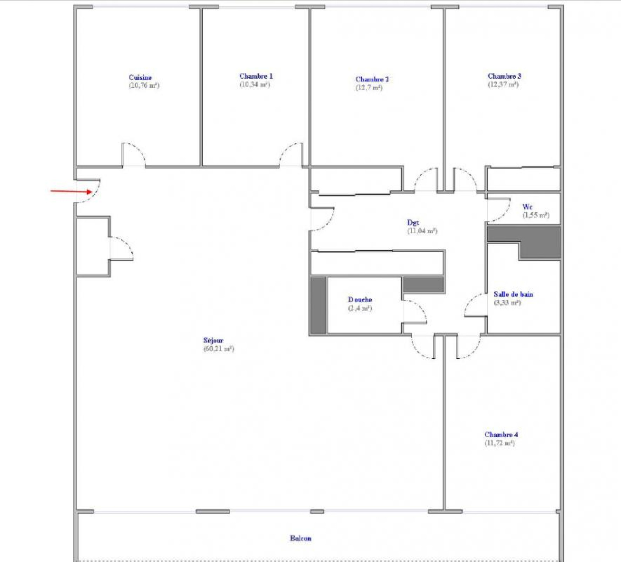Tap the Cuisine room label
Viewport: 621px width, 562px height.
[x=140, y=77]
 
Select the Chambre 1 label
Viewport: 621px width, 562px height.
[x=256, y=76]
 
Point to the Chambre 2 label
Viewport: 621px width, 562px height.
[x=372, y=79]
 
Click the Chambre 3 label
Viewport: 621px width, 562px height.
[x=504, y=76]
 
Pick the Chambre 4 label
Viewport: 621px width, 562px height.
[x=501, y=435]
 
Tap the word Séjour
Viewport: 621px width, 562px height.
[x=213, y=340]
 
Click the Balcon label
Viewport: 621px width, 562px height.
[x=300, y=538]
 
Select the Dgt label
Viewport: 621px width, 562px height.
[x=413, y=222]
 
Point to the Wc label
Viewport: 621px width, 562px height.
[x=527, y=206]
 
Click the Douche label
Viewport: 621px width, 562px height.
[x=360, y=300]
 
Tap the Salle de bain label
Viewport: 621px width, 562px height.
[x=513, y=294]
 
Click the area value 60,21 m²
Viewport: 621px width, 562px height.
[x=219, y=349]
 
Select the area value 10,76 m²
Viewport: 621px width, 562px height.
[x=144, y=86]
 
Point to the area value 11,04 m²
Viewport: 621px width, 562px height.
[x=422, y=231]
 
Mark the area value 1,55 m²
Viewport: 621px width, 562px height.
[x=536, y=215]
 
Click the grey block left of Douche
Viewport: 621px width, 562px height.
[x=318, y=305]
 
